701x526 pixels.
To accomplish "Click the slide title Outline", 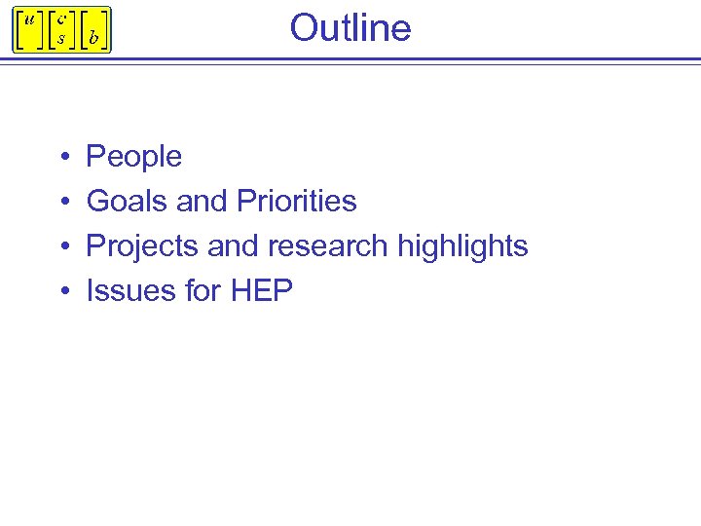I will coord(350,27).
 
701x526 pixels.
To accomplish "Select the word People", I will coord(134,156).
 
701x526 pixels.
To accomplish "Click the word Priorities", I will coord(296,201).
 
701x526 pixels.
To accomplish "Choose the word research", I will coord(326,245).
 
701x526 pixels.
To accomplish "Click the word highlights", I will coord(462,245).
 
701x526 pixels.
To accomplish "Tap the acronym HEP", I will coord(261,290).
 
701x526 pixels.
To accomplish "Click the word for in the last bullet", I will coord(203,290).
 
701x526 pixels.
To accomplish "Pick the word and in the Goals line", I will coord(202,201).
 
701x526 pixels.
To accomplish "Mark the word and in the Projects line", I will coord(233,245).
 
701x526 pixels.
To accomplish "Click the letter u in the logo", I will coord(29,19).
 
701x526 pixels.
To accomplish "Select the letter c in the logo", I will coord(61,19).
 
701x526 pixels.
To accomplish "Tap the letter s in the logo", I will coord(61,38).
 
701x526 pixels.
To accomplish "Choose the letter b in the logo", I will coord(93,38).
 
